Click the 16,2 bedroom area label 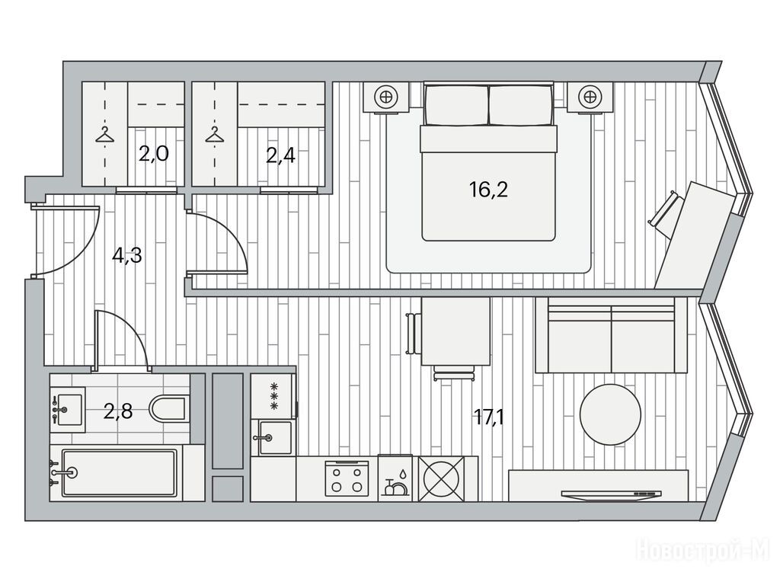pyautogui.click(x=488, y=190)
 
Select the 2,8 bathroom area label pyautogui.click(x=118, y=412)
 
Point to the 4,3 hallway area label pyautogui.click(x=127, y=256)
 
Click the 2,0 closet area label pyautogui.click(x=154, y=155)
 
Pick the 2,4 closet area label pyautogui.click(x=280, y=155)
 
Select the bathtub pyautogui.click(x=119, y=472)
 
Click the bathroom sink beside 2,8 pyautogui.click(x=68, y=410)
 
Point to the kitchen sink pyautogui.click(x=274, y=438)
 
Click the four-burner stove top pyautogui.click(x=347, y=478)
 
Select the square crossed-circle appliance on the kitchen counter pyautogui.click(x=441, y=478)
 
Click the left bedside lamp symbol pyautogui.click(x=385, y=97)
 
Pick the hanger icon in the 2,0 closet pyautogui.click(x=104, y=135)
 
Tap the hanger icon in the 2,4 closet pyautogui.click(x=214, y=135)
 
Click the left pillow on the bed pyautogui.click(x=456, y=105)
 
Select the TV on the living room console pyautogui.click(x=611, y=494)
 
